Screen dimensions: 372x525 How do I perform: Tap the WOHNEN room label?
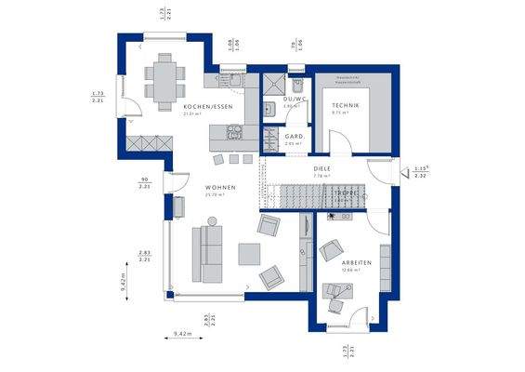[x=220, y=187]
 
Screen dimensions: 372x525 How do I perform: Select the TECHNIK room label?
[x=345, y=106]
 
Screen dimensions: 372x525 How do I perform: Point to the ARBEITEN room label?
[x=356, y=263]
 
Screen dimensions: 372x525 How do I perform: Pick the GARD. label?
[x=295, y=136]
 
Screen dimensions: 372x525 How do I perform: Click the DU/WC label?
[x=295, y=98]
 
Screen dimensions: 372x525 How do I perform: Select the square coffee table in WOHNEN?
[x=249, y=253]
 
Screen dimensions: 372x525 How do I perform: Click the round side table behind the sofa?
[x=212, y=221]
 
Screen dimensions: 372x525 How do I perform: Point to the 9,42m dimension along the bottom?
[x=182, y=333]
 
